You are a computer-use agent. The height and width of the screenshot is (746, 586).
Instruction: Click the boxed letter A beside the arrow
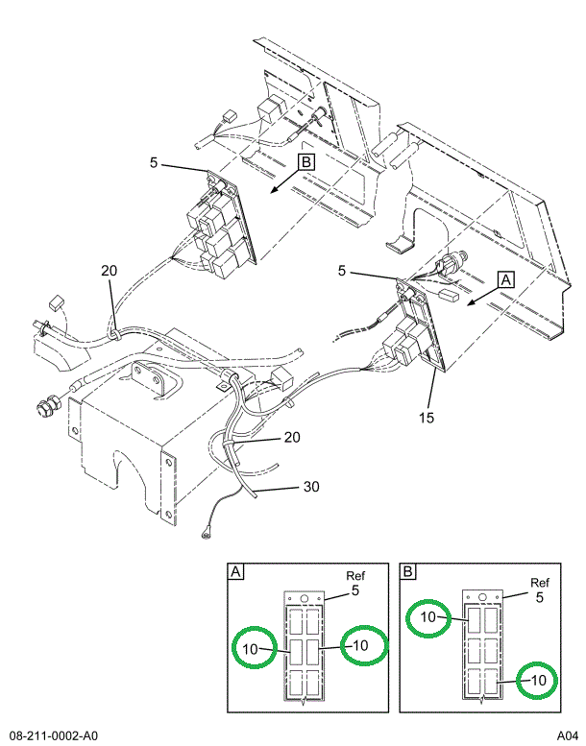(x=506, y=279)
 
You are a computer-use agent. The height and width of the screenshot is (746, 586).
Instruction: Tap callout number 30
(x=310, y=487)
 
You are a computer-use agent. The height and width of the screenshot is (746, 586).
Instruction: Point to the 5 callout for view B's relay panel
(x=154, y=163)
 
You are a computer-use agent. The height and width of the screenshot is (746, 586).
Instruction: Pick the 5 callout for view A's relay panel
(x=342, y=273)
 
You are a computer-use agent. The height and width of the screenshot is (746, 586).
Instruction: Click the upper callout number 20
(x=109, y=271)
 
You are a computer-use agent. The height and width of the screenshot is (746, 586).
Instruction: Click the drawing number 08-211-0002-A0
(x=56, y=735)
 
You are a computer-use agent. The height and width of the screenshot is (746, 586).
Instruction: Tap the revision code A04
(x=567, y=735)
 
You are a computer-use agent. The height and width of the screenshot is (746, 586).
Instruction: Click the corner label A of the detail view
(x=235, y=572)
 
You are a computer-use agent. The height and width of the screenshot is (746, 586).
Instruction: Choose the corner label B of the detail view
(x=408, y=572)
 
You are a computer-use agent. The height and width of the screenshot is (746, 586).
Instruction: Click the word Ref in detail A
(x=355, y=576)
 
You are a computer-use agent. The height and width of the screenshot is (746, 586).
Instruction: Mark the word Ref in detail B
(x=540, y=583)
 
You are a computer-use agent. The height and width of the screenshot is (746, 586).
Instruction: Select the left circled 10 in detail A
(x=250, y=649)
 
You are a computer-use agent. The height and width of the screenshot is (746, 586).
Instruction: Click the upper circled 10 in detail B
(x=428, y=616)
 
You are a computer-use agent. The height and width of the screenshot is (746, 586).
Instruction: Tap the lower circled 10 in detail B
(x=539, y=680)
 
